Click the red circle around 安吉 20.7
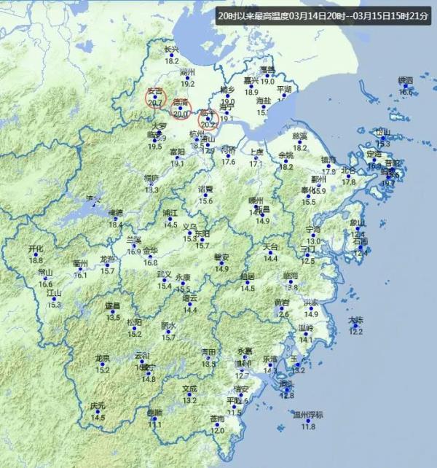[156, 99]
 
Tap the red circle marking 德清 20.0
[181, 108]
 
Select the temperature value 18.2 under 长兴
[171, 61]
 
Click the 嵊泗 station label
[405, 79]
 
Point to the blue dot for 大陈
[355, 326]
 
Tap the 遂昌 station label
[112, 306]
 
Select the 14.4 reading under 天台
[270, 258]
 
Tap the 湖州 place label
[187, 72]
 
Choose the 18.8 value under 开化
[36, 260]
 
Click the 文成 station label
[189, 389]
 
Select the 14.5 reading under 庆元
[98, 418]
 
